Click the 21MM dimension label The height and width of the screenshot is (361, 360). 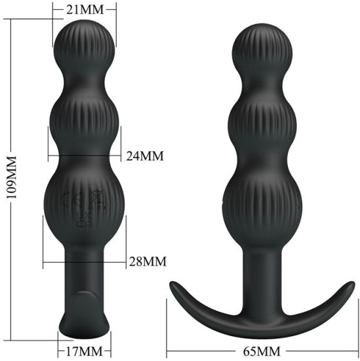pyautogui.click(x=84, y=9)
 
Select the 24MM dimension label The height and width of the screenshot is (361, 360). pyautogui.click(x=145, y=156)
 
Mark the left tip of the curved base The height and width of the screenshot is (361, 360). pyautogui.click(x=172, y=286)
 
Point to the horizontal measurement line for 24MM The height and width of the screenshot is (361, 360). pyautogui.click(x=85, y=156)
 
